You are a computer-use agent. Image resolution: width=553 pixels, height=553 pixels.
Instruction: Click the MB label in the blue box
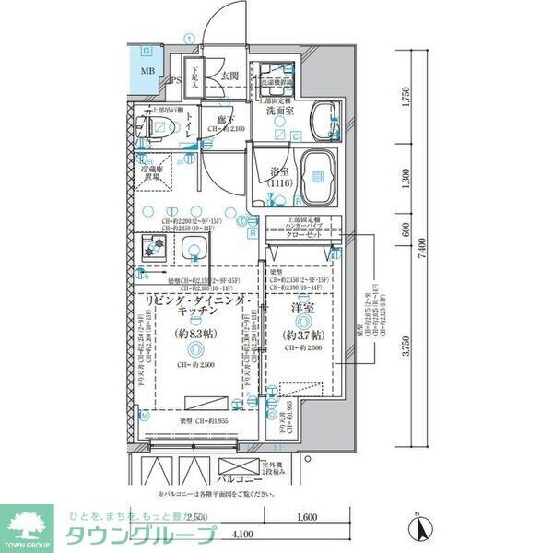[x=147, y=71]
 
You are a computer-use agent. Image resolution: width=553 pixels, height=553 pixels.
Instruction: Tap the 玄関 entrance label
[x=230, y=76]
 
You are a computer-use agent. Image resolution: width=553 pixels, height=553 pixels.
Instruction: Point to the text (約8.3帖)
[x=198, y=335]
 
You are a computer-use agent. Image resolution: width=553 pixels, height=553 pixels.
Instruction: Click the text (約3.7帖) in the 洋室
[x=302, y=335]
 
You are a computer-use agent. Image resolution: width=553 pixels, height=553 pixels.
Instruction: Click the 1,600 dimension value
[x=308, y=518]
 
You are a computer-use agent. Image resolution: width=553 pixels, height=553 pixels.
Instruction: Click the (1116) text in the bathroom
[x=281, y=184]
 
